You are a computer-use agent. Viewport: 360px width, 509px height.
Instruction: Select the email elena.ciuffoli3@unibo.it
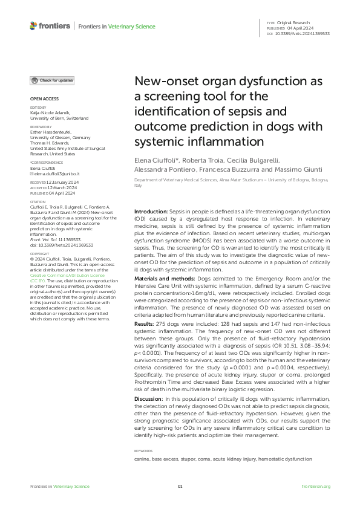coord(57,173)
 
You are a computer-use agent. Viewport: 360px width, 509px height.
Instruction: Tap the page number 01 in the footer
coord(180,487)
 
